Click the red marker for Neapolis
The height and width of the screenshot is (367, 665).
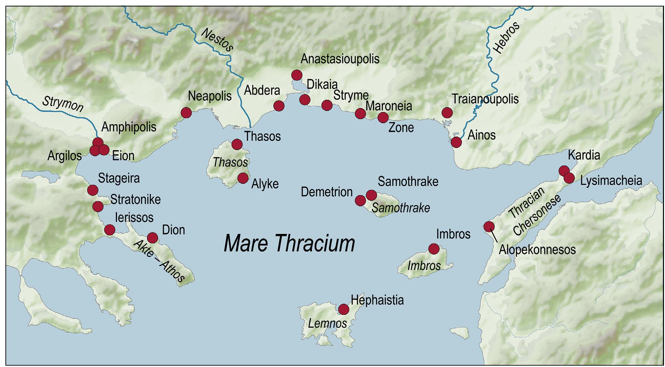click(186, 113)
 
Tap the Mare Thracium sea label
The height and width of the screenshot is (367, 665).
click(289, 243)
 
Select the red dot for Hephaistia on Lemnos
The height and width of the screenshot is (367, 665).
click(344, 309)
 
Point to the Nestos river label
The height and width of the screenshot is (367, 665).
click(217, 40)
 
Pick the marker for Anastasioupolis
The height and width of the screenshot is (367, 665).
click(297, 75)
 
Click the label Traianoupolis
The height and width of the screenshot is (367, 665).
click(485, 99)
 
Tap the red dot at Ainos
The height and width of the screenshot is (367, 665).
click(456, 142)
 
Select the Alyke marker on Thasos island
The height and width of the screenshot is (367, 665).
click(243, 178)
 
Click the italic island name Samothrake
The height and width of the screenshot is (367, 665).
click(400, 208)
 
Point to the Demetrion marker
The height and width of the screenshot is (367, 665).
click(360, 200)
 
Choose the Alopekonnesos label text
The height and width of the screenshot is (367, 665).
click(537, 250)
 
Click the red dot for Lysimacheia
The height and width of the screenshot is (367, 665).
click(569, 178)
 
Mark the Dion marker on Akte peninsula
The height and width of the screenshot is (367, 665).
click(152, 238)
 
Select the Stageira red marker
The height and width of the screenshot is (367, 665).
click(92, 190)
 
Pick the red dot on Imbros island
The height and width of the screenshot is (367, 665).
click(433, 249)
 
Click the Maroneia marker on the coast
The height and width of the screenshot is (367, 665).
click(360, 113)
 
